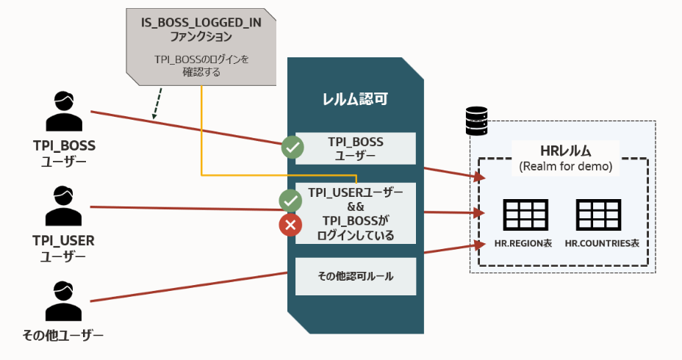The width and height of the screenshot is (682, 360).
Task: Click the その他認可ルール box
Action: point(356,276)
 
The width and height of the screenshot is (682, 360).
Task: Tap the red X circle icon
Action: point(290,224)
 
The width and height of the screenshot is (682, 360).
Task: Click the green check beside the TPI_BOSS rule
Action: point(292,148)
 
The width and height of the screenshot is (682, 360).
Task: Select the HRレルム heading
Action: point(561,151)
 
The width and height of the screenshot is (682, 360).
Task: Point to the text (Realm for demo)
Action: point(561,166)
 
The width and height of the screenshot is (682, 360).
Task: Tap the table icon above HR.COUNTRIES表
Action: point(597,215)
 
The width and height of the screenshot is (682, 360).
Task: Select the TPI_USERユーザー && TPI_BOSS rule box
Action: point(356,213)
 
